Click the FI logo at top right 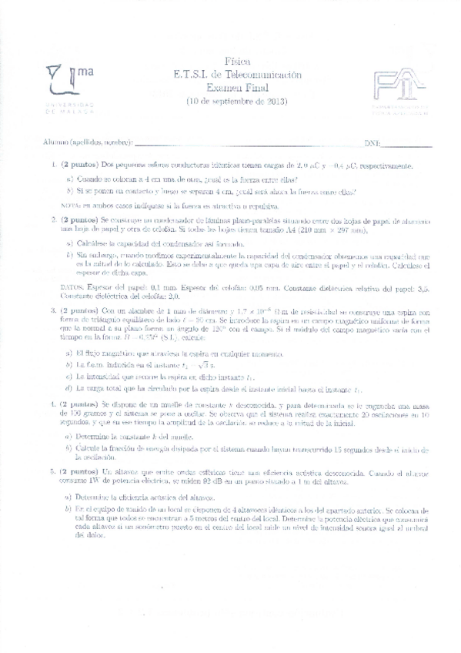[x=396, y=89]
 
